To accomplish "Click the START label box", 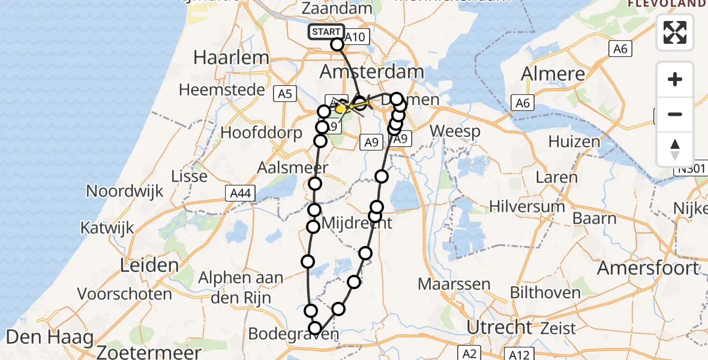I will point(326,32).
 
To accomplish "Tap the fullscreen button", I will point(675,32).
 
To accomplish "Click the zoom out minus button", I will point(675,114).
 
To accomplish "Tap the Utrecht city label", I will point(499,328).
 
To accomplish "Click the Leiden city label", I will point(149,265).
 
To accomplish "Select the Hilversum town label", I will point(527,206).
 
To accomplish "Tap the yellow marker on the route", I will point(341,109).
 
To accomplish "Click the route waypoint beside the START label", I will point(337,44).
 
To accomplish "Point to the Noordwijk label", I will point(125,191).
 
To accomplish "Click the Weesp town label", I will point(455,131).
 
